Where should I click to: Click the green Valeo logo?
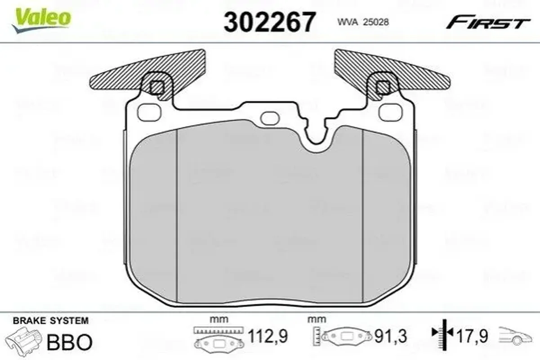point(41,21)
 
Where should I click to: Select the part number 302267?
point(269,22)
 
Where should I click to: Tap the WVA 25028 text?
point(363,22)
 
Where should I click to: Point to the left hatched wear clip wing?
point(154,72)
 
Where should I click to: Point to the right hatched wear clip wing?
point(386,72)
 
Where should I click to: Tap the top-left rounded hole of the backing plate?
point(149,112)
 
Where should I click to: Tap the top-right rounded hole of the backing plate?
point(391,112)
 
